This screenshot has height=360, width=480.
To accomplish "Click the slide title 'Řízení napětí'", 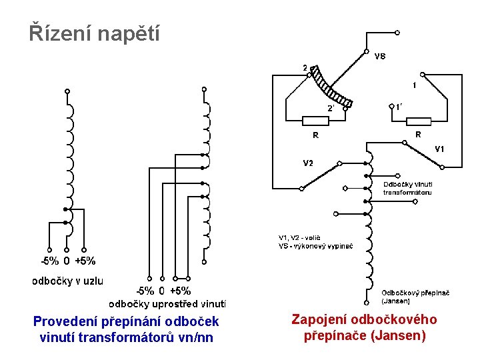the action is (x=94, y=33).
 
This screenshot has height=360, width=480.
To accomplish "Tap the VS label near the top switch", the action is (x=379, y=57).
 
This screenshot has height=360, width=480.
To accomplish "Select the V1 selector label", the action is (x=439, y=148).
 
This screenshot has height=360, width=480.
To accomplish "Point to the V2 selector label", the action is (x=309, y=163).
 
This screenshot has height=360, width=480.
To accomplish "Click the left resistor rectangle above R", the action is (x=315, y=121).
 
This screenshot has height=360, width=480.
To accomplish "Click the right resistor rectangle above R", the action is (x=418, y=121).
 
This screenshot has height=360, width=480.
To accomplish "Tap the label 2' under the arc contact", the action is (x=330, y=108).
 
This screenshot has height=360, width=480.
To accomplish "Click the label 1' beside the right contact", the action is (x=399, y=106).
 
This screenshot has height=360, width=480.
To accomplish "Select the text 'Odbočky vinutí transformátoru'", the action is (x=407, y=188).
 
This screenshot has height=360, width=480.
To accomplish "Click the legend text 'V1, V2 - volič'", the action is (x=299, y=237).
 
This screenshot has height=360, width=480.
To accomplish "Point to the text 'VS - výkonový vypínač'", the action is (x=315, y=246).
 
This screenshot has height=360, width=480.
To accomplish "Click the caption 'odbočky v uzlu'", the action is (x=68, y=281).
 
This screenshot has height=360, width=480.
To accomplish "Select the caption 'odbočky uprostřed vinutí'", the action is (x=167, y=304).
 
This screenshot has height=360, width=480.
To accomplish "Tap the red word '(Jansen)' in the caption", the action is (x=399, y=335).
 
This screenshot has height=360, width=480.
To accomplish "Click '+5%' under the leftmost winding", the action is (x=85, y=261).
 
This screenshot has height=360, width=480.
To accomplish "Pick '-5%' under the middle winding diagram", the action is (x=145, y=291).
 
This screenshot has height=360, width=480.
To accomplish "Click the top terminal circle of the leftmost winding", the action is (x=66, y=91).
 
